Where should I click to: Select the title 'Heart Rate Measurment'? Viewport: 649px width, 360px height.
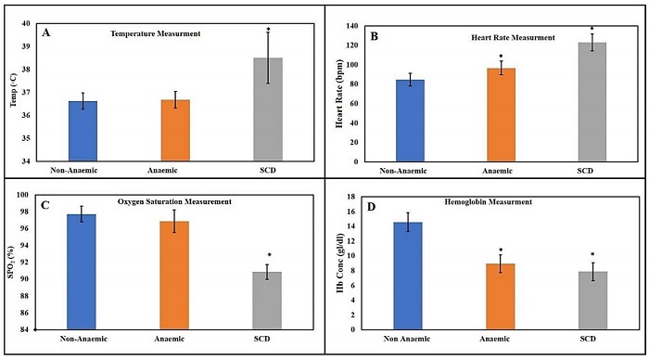pos(512,38)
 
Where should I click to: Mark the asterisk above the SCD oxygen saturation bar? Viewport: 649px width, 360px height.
pos(269,255)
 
